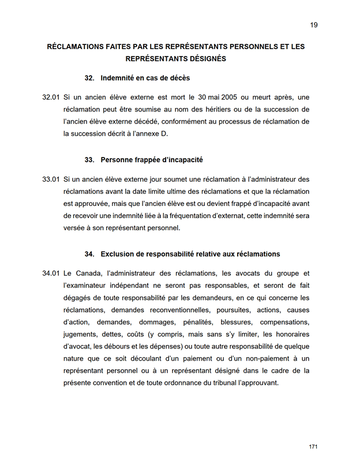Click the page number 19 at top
pyautogui.click(x=314, y=25)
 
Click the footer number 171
pyautogui.click(x=313, y=447)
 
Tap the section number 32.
pyautogui.click(x=89, y=78)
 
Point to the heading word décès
pyautogui.click(x=179, y=78)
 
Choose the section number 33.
pyautogui.click(x=89, y=159)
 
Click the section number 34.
pyautogui.click(x=89, y=254)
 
